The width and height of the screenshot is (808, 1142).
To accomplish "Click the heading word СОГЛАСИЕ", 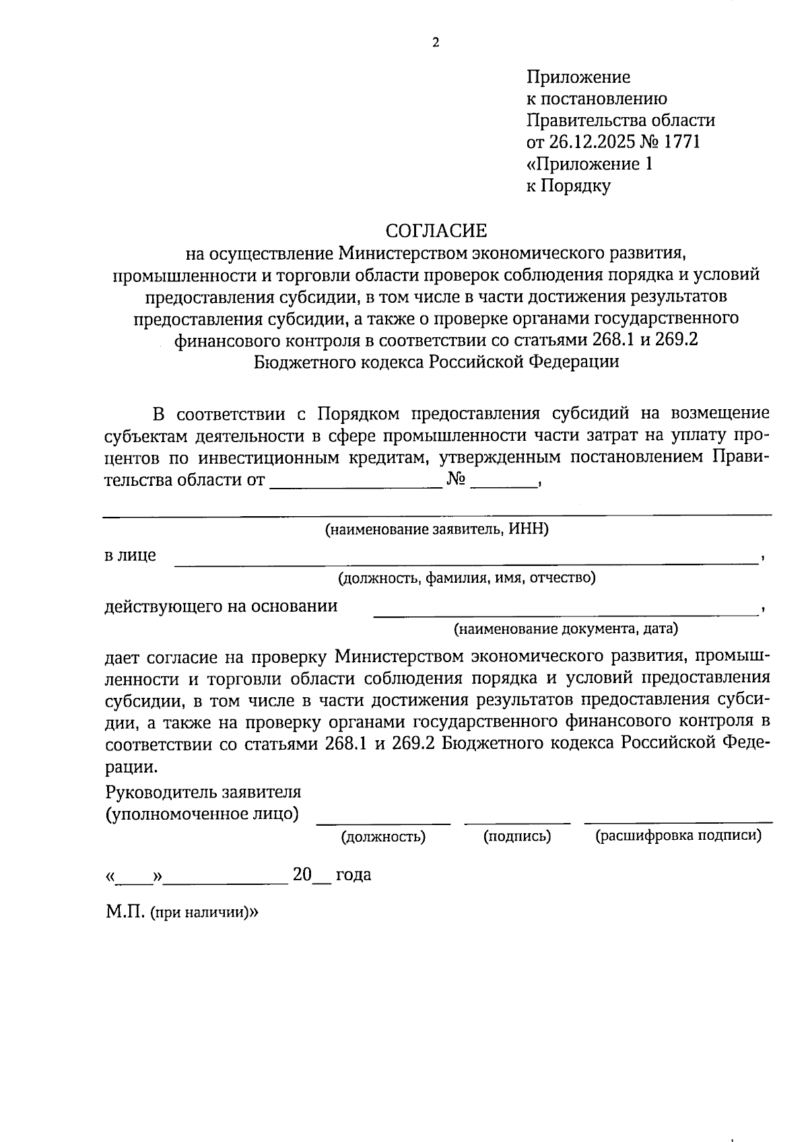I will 436,231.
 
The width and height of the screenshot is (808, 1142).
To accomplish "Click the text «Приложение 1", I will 589,164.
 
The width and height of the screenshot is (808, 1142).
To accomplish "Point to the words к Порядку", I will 568,186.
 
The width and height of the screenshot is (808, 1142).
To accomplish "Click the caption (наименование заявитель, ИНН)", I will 437,530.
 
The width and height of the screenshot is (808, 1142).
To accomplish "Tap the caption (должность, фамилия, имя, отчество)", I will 466,577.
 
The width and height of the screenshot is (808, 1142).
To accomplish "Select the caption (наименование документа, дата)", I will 565,629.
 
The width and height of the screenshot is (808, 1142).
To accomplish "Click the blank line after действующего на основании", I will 566,611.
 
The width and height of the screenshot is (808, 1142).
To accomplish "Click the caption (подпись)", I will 516,836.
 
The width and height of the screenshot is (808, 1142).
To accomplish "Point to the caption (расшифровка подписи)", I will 678,836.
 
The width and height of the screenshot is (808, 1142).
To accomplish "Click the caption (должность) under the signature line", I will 383,836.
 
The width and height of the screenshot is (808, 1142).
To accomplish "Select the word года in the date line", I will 353,875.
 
